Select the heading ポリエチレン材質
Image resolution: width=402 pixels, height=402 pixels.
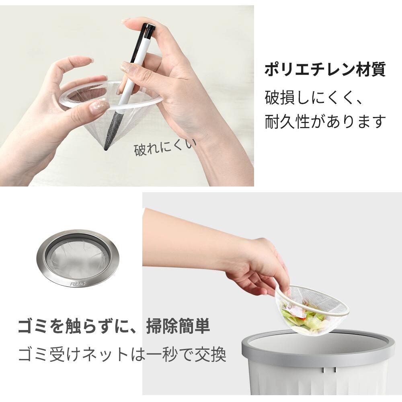[325, 70]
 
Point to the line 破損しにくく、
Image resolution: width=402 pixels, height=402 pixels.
[314, 97]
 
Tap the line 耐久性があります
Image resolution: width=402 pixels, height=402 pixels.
[325, 121]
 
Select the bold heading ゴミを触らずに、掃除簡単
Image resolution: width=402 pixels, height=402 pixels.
[114, 326]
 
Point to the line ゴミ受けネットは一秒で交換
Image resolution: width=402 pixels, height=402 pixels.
[122, 354]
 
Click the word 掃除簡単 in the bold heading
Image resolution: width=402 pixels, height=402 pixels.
[178, 326]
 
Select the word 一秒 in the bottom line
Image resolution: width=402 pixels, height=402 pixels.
[164, 354]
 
